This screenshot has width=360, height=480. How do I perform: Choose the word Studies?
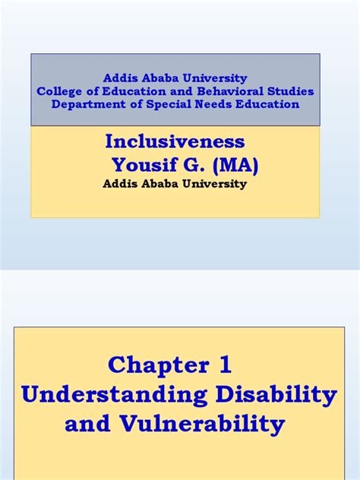pyautogui.click(x=292, y=91)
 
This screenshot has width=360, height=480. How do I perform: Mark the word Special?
pyautogui.click(x=165, y=104)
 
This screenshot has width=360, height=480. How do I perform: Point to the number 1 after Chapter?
pyautogui.click(x=225, y=365)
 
